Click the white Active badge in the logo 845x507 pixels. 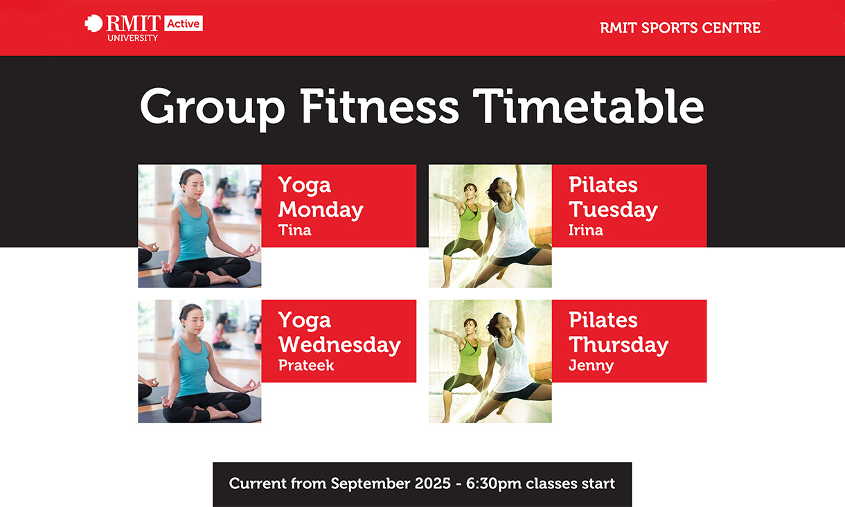[184, 24]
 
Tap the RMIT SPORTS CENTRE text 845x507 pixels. [680, 28]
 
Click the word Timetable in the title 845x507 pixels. [589, 107]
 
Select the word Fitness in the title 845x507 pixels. [380, 107]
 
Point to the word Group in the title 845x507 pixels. [213, 109]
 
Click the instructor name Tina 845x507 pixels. [294, 230]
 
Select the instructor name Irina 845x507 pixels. [586, 230]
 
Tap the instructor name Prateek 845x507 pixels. [306, 365]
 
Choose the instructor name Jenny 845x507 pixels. [591, 366]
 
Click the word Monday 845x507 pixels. [321, 210]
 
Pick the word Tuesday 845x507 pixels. [613, 210]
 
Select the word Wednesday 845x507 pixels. [339, 345]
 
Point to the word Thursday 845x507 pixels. [619, 345]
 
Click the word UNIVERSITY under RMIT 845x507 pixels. [132, 38]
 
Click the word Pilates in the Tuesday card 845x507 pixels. [603, 184]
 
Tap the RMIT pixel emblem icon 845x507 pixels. [94, 24]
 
